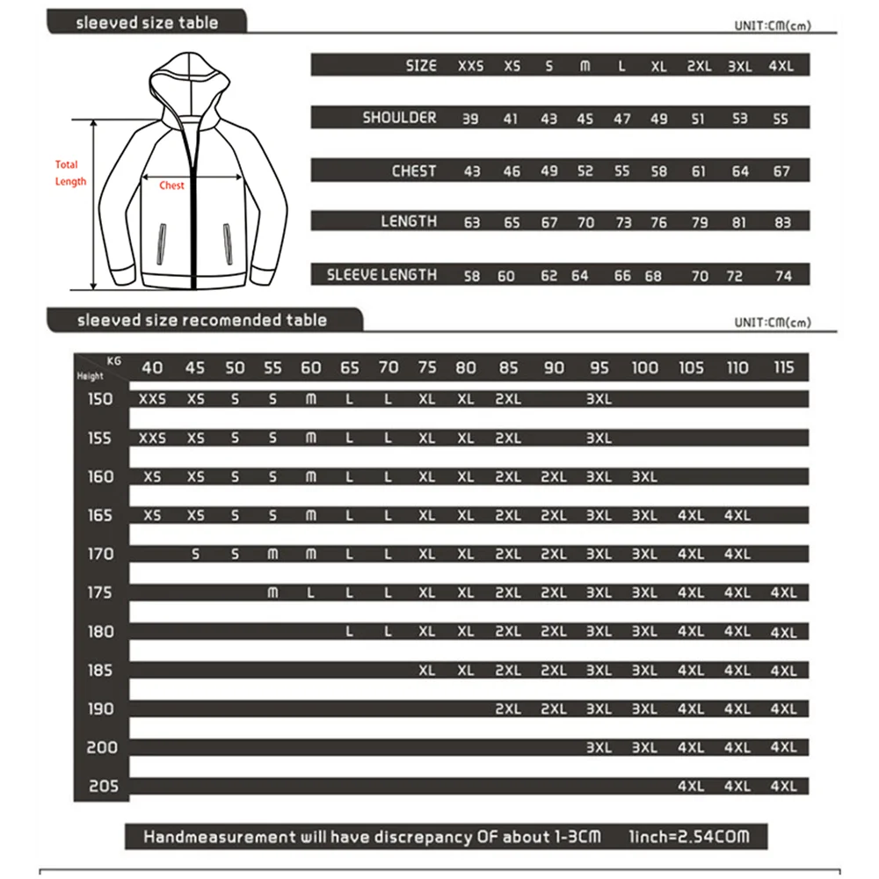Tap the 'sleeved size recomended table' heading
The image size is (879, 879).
201,320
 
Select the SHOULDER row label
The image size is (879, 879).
399,118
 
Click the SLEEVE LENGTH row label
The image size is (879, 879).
381,275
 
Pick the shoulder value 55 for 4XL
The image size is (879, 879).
781,119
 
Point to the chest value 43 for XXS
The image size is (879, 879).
472,171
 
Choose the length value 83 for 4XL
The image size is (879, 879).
781,223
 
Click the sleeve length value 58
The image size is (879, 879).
472,276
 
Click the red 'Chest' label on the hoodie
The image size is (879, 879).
171,185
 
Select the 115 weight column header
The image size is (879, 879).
783,367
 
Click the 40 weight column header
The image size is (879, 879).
152,367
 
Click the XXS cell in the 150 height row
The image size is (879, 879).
152,399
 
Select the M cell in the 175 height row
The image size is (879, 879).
272,593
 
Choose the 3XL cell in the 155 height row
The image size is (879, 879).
599,438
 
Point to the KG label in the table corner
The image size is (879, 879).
113,360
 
